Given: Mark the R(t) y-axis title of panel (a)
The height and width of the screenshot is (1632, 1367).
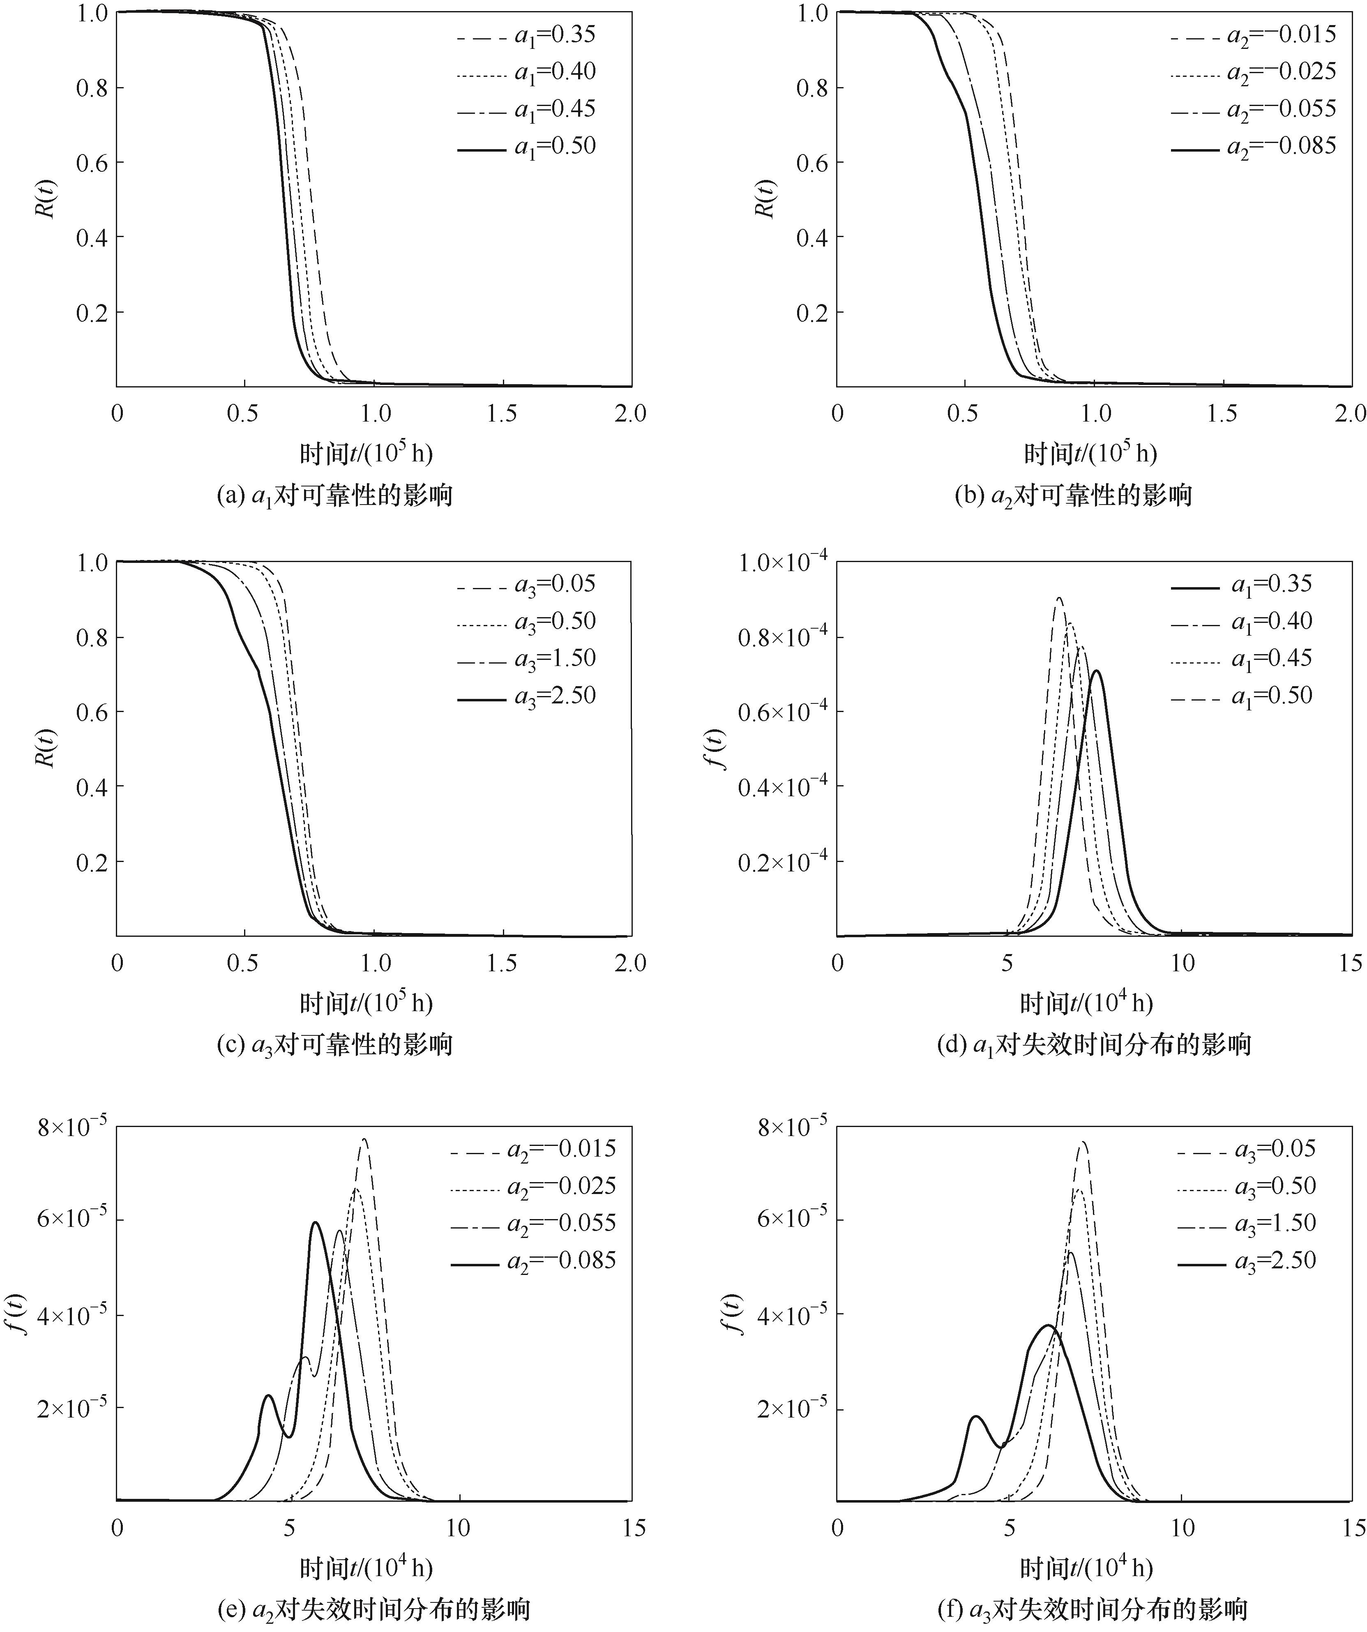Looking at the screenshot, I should [x=46, y=199].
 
